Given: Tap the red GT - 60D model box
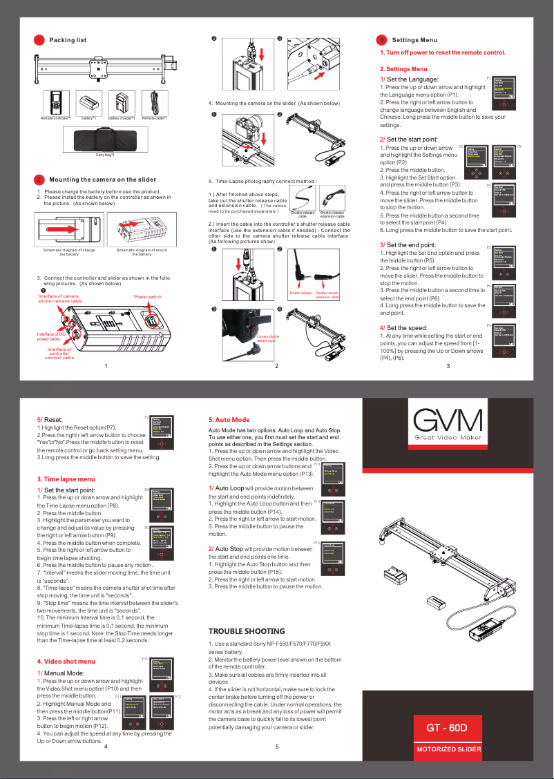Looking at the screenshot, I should (x=447, y=728).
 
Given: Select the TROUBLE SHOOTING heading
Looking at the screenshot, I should (x=246, y=631).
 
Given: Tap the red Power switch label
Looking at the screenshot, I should (x=148, y=297).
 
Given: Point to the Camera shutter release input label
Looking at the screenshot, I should (x=267, y=338).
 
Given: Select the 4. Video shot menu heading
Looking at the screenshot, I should (x=66, y=662).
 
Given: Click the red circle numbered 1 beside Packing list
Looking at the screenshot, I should (x=40, y=40).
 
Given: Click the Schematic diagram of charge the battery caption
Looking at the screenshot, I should (x=68, y=251).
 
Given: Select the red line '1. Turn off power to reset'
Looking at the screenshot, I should (x=442, y=53).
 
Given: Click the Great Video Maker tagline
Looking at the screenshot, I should (x=448, y=439).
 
